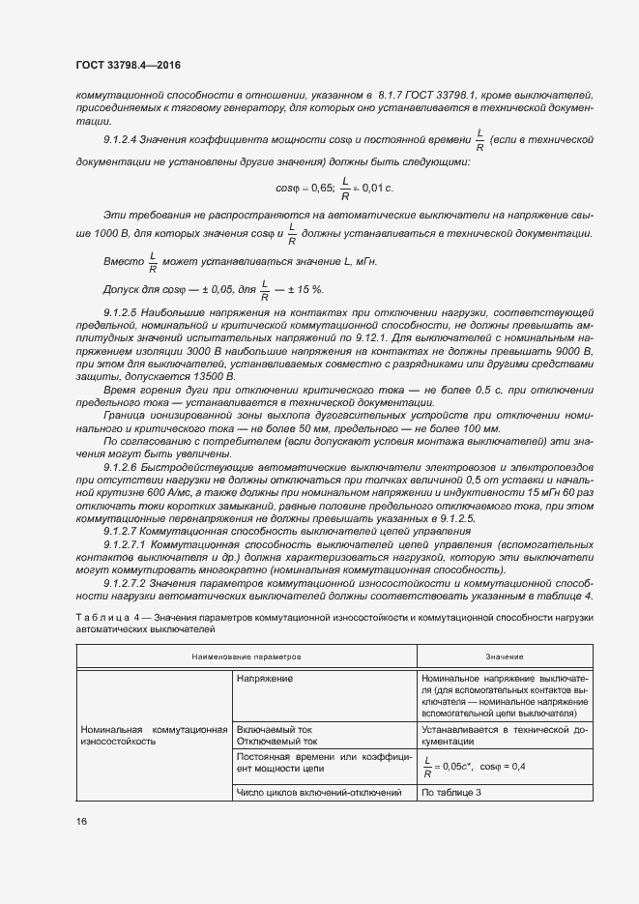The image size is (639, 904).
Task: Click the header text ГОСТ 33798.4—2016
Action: (x=129, y=65)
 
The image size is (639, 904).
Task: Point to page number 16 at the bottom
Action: (x=81, y=821)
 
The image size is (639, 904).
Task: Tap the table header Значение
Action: (x=491, y=656)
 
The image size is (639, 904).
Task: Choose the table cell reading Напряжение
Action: (x=265, y=679)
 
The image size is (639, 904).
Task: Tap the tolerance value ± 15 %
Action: (x=304, y=289)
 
